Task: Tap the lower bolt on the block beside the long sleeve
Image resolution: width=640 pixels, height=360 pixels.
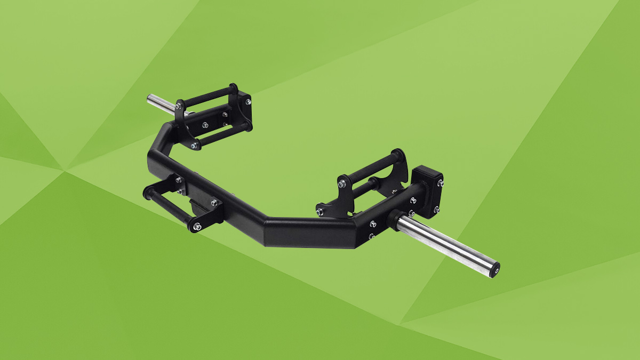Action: click(436, 210)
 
